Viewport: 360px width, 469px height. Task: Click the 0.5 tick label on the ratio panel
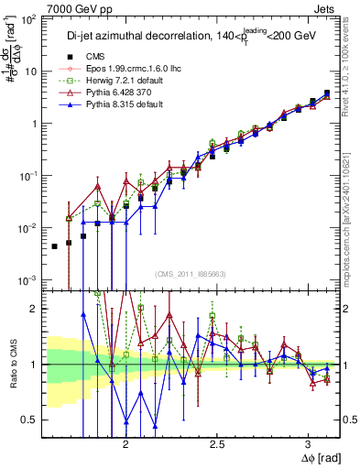(30, 420)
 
